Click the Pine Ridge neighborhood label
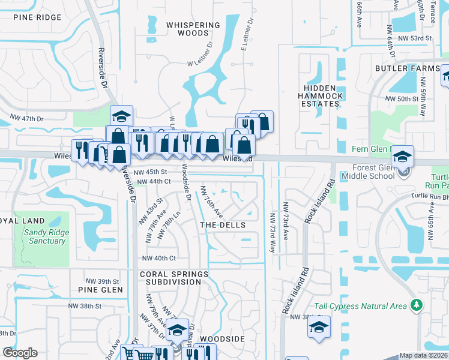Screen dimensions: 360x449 pos(37,17)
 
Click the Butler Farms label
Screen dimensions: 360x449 pos(408,68)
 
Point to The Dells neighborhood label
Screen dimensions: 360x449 pos(223,225)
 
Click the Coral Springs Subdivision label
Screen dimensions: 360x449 pos(174,278)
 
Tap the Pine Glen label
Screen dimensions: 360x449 pos(100,290)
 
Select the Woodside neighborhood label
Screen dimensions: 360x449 pos(222,339)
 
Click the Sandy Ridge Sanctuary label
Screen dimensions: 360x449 pos(45,236)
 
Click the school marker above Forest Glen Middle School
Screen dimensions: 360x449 pos(402,157)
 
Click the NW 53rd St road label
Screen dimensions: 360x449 pos(417,38)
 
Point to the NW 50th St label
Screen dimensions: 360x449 pos(402,98)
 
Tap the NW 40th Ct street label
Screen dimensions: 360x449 pos(158,259)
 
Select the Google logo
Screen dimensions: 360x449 pos(20,353)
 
